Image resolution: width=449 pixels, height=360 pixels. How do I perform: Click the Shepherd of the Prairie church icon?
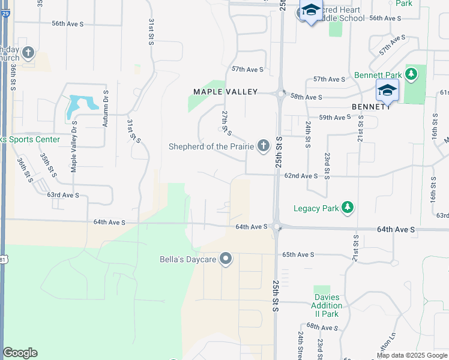coord(263,146)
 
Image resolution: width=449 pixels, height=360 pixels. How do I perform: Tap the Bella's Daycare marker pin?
coord(226,259)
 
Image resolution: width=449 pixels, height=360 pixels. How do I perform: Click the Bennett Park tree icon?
coord(411,75)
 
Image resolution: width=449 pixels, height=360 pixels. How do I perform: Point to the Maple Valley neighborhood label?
coord(225,92)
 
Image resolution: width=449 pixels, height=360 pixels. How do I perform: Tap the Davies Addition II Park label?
coord(327,305)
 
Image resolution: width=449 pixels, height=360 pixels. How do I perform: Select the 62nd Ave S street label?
coord(301,176)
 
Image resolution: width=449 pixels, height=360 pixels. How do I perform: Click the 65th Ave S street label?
coord(298,254)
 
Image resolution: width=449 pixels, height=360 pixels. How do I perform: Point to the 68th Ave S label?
coord(322,327)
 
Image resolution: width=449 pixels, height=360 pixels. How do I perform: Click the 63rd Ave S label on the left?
coord(63,195)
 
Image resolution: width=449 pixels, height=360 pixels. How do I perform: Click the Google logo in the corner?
coord(20,353)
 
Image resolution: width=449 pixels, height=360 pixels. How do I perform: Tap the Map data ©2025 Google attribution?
coord(411,355)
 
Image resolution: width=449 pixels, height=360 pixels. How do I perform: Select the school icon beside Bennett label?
coord(387,92)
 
